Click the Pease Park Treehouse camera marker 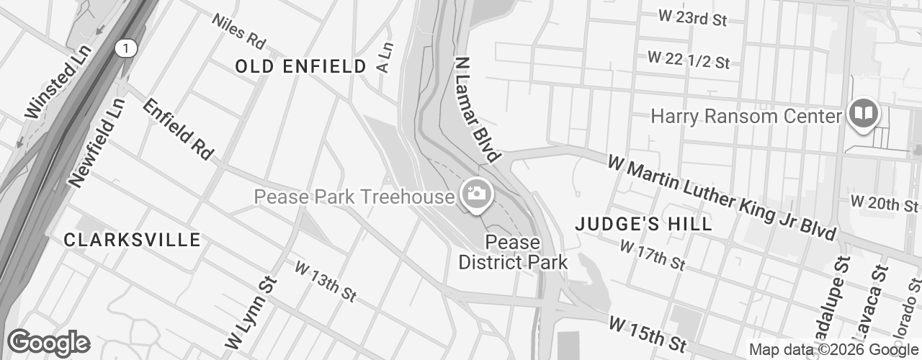click(x=475, y=194)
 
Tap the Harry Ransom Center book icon click(x=862, y=114)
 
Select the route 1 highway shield click(x=127, y=48)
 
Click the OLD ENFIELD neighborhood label click(x=301, y=67)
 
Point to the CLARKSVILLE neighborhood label click(x=132, y=240)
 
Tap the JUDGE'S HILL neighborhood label click(x=644, y=224)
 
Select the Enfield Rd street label click(x=178, y=129)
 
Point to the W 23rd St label click(x=692, y=19)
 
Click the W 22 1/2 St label click(x=688, y=60)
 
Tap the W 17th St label click(x=652, y=256)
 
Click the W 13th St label click(x=326, y=281)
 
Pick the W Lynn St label click(x=247, y=312)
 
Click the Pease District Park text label click(x=513, y=252)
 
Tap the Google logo click(x=48, y=343)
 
